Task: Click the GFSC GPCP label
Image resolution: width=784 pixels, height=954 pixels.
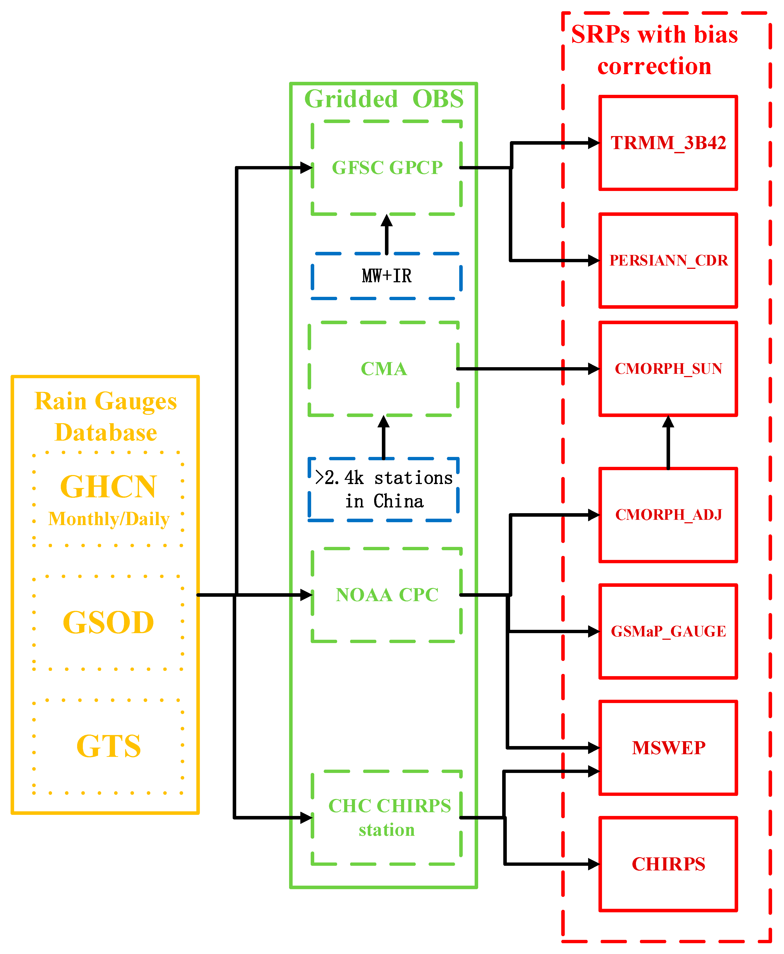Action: click(x=387, y=168)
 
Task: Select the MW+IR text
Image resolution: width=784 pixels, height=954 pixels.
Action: click(x=386, y=276)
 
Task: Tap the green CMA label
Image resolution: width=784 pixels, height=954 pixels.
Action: click(x=383, y=369)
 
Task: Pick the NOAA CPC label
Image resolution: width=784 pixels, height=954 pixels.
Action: click(x=387, y=595)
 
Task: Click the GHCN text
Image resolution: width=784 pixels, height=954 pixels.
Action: click(x=108, y=487)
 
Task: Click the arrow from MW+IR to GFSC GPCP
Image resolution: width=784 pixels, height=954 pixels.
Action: click(x=386, y=234)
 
